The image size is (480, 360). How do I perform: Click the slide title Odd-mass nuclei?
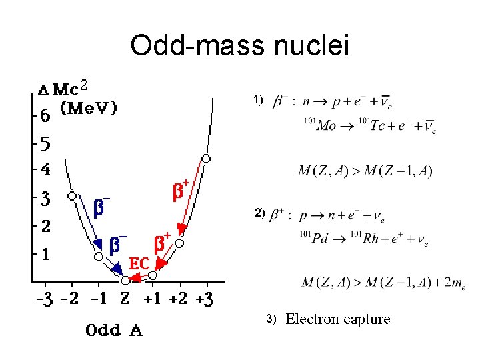pos(239,46)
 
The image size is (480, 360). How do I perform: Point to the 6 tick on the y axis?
pos(44,115)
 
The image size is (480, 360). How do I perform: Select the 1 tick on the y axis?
pos(44,253)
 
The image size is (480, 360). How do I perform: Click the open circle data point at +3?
pos(206,159)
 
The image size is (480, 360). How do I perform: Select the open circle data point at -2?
pos(71,196)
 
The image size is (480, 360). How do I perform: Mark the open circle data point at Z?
pos(125,281)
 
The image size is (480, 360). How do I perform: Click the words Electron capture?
pos(338,319)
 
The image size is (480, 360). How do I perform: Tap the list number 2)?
pos(259,214)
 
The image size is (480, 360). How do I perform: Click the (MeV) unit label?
pos(89,107)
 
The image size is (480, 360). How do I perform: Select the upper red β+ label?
pos(181,190)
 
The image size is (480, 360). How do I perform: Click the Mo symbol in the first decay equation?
pos(326,126)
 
